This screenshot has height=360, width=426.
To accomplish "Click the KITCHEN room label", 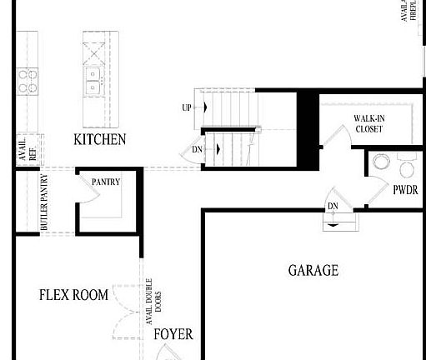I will pyautogui.click(x=100, y=139).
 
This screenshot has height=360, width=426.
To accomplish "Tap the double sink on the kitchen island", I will pyautogui.click(x=93, y=81).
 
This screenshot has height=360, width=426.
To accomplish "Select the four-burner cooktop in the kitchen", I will pyautogui.click(x=28, y=80).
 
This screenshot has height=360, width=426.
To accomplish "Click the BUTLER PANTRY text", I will pyautogui.click(x=44, y=202).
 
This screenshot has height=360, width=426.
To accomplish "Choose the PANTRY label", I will pyautogui.click(x=106, y=182).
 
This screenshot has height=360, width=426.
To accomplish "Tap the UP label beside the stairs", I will pyautogui.click(x=187, y=108).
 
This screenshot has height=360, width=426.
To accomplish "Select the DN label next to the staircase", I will pyautogui.click(x=198, y=149).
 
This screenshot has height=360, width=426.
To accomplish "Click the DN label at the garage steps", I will pyautogui.click(x=333, y=206).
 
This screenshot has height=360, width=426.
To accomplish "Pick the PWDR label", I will pyautogui.click(x=405, y=190).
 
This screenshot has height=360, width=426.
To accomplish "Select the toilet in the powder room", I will pyautogui.click(x=408, y=167).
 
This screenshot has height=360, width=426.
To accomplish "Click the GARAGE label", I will pyautogui.click(x=313, y=270).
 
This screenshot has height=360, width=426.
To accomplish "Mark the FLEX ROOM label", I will pyautogui.click(x=73, y=295).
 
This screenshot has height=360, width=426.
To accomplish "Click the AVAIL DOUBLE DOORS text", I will pyautogui.click(x=153, y=302).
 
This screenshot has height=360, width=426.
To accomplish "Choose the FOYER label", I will pyautogui.click(x=173, y=334).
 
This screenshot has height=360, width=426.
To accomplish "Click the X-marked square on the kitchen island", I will pyautogui.click(x=94, y=51).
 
